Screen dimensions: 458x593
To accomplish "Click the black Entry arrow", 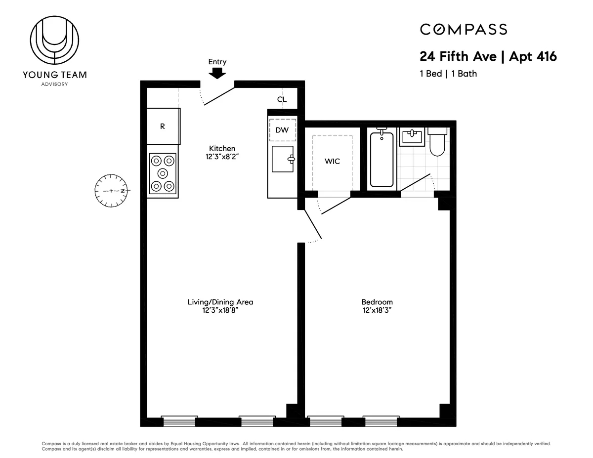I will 217,73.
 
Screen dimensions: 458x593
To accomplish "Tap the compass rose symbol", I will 111,191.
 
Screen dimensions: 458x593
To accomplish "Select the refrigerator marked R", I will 163,126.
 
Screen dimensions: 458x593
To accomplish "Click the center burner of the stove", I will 163,173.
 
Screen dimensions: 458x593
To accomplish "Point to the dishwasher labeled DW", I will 282,130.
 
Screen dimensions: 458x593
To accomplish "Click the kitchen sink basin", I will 282,159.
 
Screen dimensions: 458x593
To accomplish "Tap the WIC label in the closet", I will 332,162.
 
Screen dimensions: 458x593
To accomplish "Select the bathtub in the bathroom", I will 382,159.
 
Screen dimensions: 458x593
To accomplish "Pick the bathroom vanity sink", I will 412,137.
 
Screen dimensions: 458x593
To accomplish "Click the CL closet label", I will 282,99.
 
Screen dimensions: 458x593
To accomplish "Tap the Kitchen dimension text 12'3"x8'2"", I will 222,157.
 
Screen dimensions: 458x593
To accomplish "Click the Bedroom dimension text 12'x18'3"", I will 377,310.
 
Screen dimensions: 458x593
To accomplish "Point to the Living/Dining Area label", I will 220,302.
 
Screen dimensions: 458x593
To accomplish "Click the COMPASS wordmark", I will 464,30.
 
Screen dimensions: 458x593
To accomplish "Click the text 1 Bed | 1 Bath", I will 448,74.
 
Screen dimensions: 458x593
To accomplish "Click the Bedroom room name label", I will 377,302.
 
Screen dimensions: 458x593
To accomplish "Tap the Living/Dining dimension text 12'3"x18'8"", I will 220,310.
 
